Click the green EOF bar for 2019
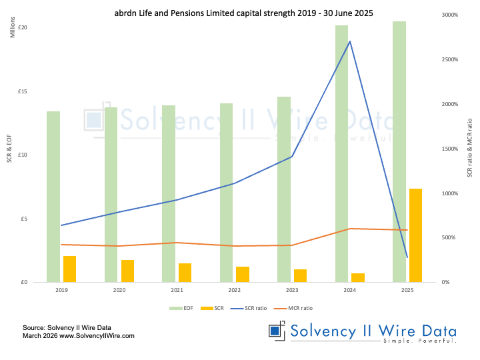click(53, 197)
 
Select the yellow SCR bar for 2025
click(415, 235)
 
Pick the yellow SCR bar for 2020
click(127, 271)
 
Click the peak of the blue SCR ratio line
click(350, 41)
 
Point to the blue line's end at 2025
click(407, 257)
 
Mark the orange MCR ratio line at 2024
click(350, 229)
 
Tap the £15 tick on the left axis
click(22, 91)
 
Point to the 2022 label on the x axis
click(234, 291)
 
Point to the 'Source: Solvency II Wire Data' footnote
click(67, 328)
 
